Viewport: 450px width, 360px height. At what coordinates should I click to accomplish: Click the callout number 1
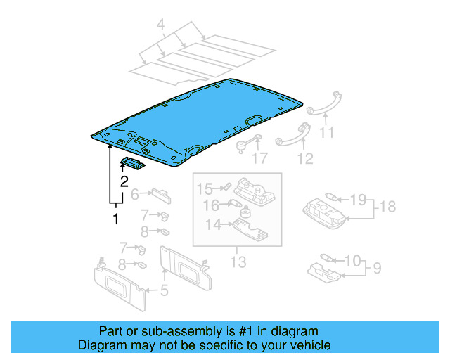pos(115,219)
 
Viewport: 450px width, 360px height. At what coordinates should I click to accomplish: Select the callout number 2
pos(124,181)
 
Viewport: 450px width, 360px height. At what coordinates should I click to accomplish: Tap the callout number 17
pos(260,159)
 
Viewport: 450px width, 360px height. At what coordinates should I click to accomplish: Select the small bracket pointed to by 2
pos(132,164)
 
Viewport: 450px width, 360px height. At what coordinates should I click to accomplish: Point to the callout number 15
pos(203,188)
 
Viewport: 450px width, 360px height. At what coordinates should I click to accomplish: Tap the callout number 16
pos(211,206)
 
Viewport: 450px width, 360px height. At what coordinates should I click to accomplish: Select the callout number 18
pos(387,206)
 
